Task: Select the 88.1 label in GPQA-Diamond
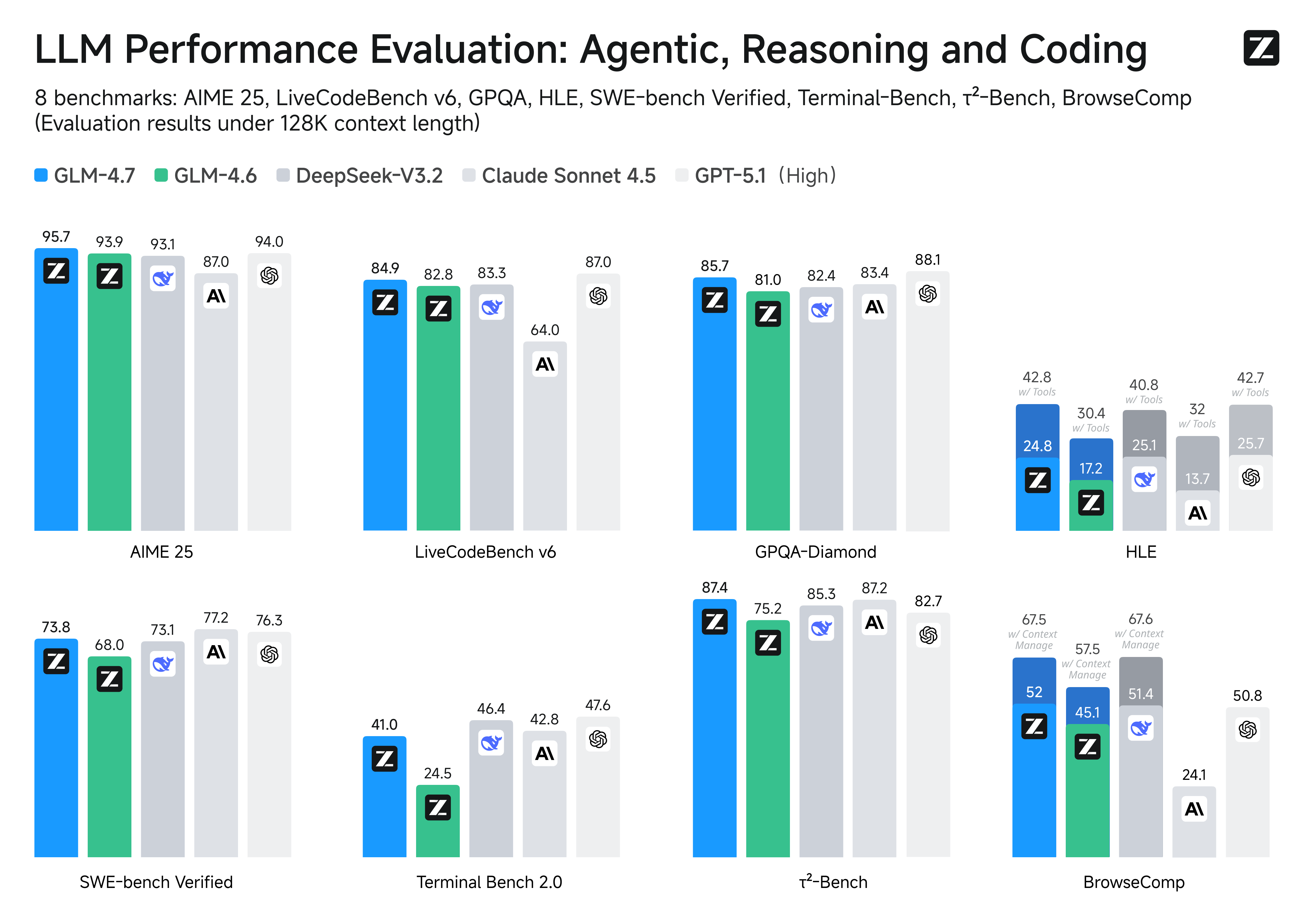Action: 927,260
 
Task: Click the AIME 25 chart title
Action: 162,552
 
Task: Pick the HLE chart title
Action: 1141,552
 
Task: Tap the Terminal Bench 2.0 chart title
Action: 489,882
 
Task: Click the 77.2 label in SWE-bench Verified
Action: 216,618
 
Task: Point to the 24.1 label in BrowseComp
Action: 1194,775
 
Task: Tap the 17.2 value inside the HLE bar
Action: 1091,468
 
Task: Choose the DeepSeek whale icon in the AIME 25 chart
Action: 163,278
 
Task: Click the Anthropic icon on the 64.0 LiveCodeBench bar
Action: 545,364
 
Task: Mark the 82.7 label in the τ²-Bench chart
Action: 928,601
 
